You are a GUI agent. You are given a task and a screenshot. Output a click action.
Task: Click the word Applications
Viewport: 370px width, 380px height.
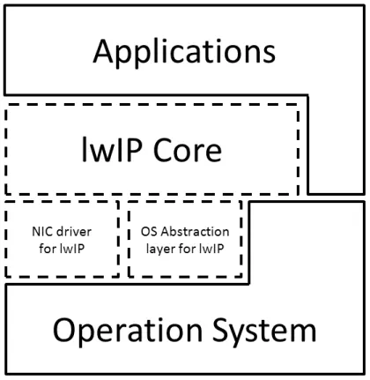pyautogui.click(x=184, y=53)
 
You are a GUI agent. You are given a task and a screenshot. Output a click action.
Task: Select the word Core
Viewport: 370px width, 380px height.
pyautogui.click(x=188, y=150)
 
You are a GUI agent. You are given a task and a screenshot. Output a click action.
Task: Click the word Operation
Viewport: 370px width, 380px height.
pyautogui.click(x=128, y=330)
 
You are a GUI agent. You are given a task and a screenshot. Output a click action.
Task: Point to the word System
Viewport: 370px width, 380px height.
pyautogui.click(x=264, y=331)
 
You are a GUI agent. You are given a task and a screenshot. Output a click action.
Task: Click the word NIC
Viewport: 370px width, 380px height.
pyautogui.click(x=41, y=232)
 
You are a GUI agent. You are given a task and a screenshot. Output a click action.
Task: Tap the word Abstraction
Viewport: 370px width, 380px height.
pyautogui.click(x=195, y=232)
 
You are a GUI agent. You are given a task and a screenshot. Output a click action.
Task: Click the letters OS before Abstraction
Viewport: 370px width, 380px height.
pyautogui.click(x=150, y=232)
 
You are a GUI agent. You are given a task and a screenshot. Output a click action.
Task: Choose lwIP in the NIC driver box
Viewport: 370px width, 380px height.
pyautogui.click(x=72, y=249)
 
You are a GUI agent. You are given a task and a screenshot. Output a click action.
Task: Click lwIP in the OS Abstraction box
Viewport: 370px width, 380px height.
pyautogui.click(x=211, y=249)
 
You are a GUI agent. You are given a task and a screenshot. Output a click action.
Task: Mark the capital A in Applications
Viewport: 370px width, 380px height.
pyautogui.click(x=103, y=51)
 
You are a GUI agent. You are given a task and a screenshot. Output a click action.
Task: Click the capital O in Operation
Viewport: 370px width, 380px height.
pyautogui.click(x=64, y=330)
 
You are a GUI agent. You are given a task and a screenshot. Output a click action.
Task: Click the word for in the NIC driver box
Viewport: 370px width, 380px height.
pyautogui.click(x=48, y=249)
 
